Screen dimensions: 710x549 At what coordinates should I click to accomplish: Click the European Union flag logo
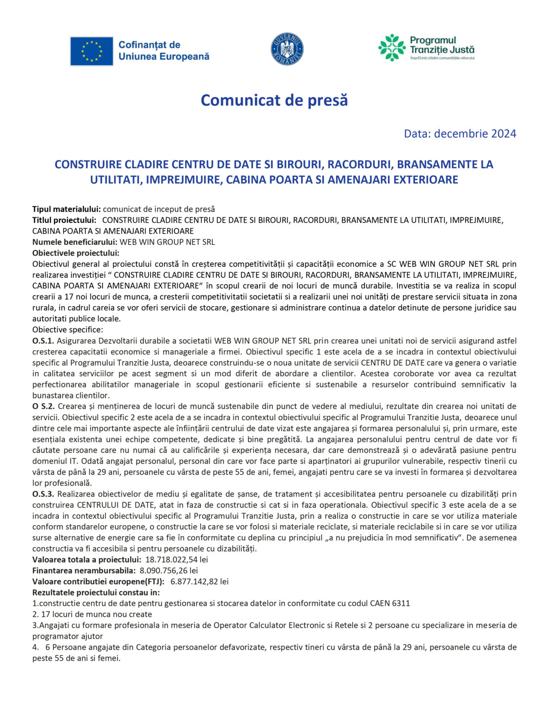point(92,51)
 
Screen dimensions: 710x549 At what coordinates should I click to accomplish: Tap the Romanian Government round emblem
point(287,49)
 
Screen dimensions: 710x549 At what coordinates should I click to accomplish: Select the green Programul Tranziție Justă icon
point(392,47)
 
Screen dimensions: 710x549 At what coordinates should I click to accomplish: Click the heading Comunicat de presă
point(274,100)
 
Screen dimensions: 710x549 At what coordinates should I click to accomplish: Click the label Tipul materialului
point(66,209)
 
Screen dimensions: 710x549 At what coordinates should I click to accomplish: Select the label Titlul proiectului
point(64,220)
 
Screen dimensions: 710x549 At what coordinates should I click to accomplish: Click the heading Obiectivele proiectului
point(76,253)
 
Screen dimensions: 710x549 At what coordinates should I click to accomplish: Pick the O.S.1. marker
point(43,341)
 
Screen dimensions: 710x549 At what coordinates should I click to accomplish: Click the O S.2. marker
point(43,406)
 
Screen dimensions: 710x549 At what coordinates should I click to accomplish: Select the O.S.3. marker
point(43,494)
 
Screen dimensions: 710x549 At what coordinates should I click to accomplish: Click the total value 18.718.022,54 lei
point(177,560)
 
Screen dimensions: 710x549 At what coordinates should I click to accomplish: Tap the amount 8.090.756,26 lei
point(169,570)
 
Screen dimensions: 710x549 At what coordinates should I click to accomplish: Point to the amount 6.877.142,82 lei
point(199,581)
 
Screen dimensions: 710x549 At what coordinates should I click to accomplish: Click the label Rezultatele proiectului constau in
point(96,593)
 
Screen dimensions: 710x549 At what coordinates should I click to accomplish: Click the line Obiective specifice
point(68,330)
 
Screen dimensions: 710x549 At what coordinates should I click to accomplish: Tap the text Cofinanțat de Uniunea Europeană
point(164,51)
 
